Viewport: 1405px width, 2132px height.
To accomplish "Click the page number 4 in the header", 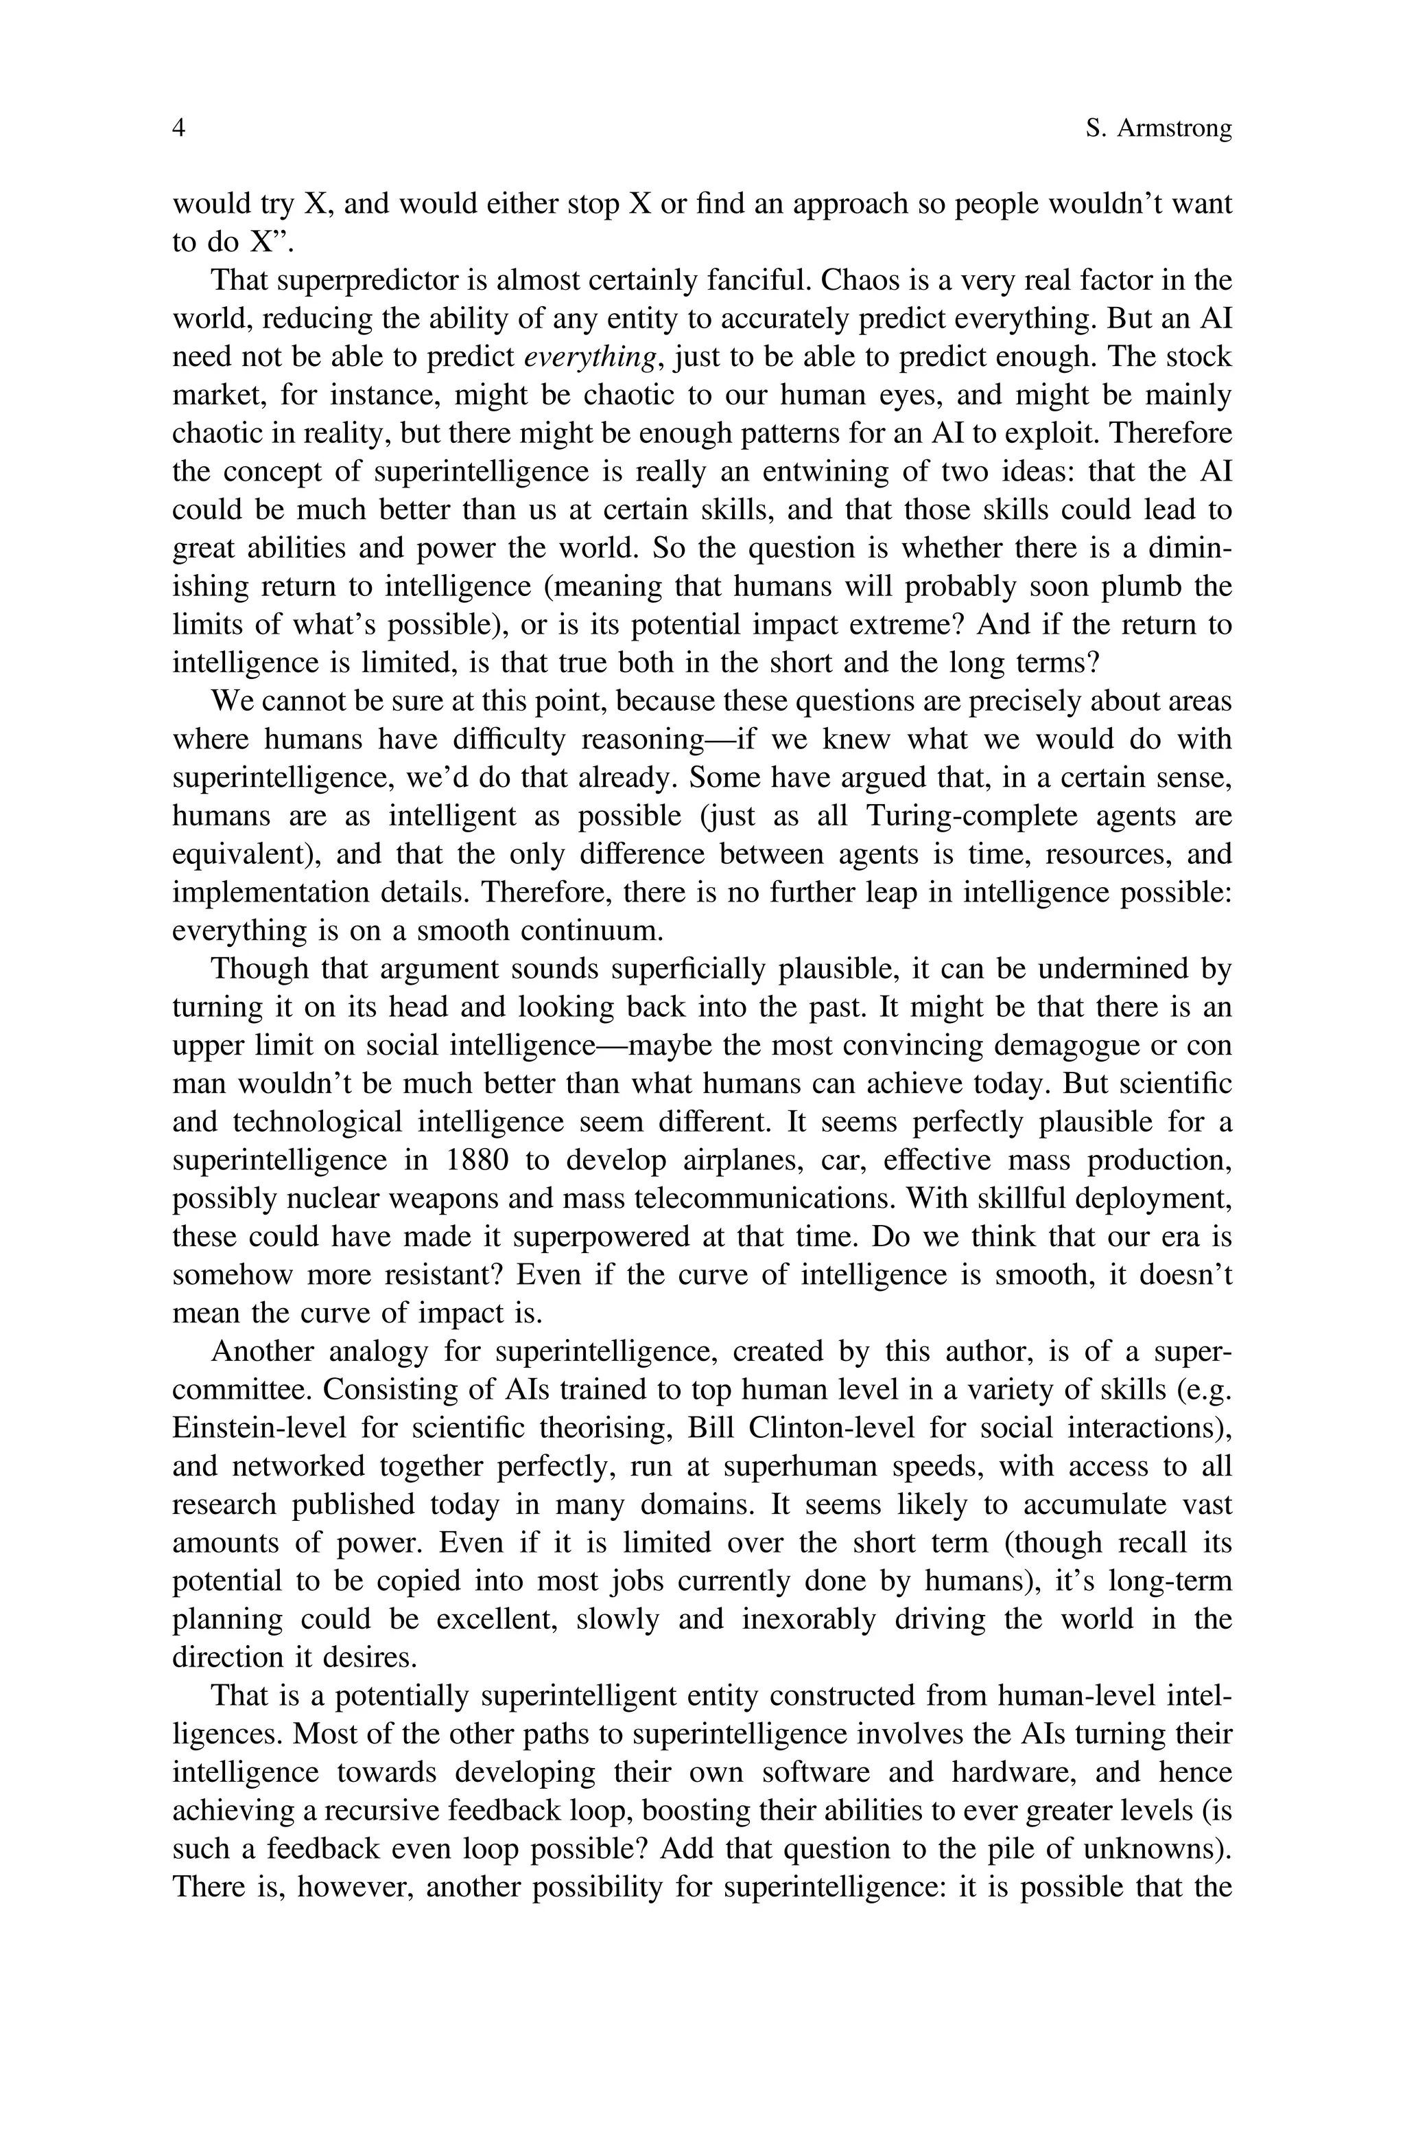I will [178, 129].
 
